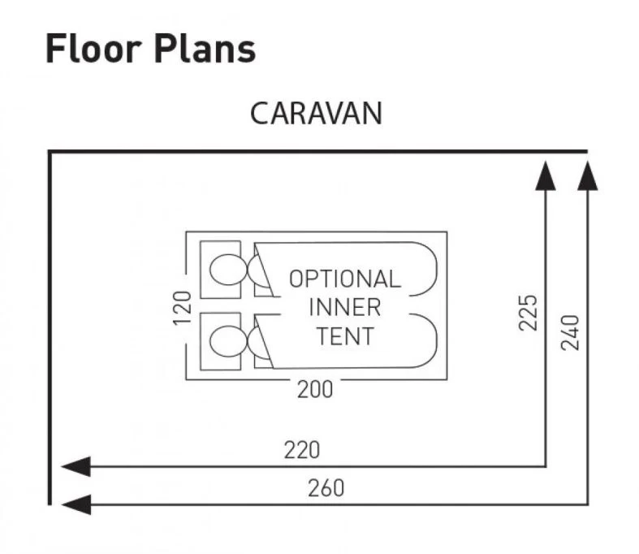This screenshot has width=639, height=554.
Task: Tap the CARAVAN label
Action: coord(315,114)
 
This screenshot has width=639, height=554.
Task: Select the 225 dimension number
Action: coord(528,313)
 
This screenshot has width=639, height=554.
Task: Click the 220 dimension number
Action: coord(302,449)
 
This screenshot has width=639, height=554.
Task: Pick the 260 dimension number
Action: coord(326,488)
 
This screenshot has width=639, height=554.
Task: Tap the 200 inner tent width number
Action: coord(314,390)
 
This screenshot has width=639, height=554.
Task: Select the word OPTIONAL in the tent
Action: coord(345,279)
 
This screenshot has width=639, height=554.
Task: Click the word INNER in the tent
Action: coord(345,307)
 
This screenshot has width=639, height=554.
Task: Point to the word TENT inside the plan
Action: coord(345,335)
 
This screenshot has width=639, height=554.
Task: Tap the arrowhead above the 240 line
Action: coord(587,174)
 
